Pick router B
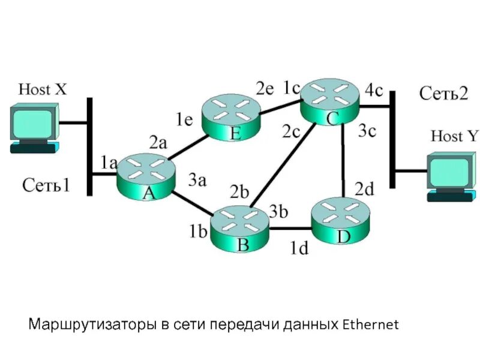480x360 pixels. click(x=241, y=229)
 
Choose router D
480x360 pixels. click(x=341, y=223)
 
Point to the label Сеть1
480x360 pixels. click(x=46, y=185)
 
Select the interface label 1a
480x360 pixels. click(x=109, y=162)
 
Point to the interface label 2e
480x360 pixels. click(x=265, y=89)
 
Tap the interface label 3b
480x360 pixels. click(x=279, y=211)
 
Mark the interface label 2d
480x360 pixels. click(x=364, y=190)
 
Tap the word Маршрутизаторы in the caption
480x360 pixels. click(x=92, y=326)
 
